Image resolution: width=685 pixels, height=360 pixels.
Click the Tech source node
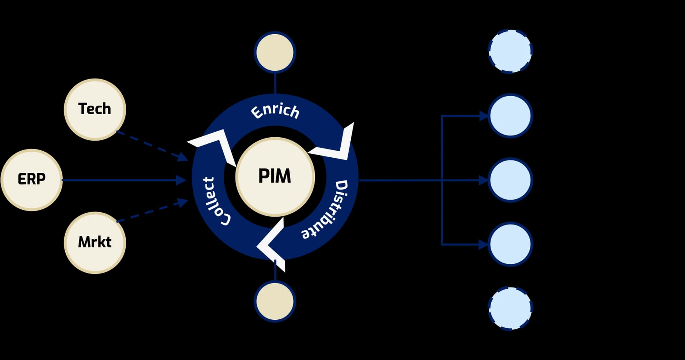pos(95,109)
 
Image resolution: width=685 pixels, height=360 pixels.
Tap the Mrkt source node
pos(95,243)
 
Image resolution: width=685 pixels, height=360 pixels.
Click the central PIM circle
pos(275,177)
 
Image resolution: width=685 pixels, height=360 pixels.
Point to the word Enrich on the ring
pos(275,111)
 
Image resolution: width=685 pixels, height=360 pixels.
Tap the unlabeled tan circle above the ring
pos(275,52)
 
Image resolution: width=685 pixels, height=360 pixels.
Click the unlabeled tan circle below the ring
pos(275,301)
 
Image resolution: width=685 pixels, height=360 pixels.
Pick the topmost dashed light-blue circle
pos(510,51)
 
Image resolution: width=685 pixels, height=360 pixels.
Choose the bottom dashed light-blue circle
pos(510,308)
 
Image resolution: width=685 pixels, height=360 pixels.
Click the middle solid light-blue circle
pos(510,180)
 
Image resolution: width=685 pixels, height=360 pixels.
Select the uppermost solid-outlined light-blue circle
pos(510,116)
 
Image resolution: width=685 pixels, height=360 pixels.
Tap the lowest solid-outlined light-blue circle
pos(510,244)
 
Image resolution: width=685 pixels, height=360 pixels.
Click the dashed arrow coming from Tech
pos(152,146)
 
